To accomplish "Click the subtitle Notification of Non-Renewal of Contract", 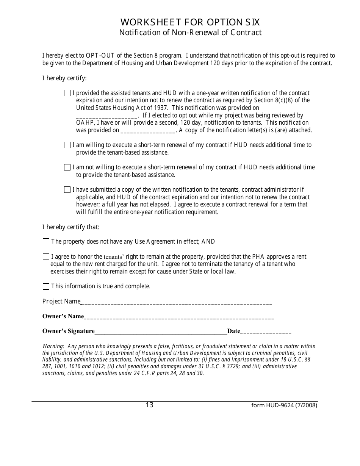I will click(190, 33).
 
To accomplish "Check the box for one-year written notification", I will click(67, 93).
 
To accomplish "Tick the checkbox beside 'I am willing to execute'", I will click(67, 145).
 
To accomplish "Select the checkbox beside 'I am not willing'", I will click(67, 167).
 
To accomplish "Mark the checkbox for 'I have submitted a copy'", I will click(67, 189).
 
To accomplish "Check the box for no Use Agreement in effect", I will click(46, 242).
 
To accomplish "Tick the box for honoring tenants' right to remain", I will click(46, 256).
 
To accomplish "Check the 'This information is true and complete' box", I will click(46, 286).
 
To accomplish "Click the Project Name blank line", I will click(176, 303).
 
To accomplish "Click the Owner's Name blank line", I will click(179, 317).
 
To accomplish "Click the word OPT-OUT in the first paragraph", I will click(101, 56).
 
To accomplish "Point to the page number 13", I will click(149, 405).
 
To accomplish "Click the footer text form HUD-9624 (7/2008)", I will click(284, 405).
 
